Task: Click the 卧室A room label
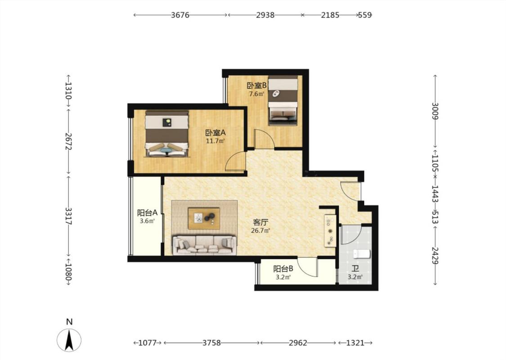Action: click(215, 133)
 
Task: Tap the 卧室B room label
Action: click(256, 85)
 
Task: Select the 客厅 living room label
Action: click(261, 222)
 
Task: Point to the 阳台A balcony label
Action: click(147, 213)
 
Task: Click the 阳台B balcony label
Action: click(283, 269)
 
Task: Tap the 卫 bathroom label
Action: click(355, 269)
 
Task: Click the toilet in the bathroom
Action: click(361, 254)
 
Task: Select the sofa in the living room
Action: click(204, 245)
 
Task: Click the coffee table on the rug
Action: click(204, 218)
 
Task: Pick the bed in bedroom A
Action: click(166, 134)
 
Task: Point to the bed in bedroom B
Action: click(283, 100)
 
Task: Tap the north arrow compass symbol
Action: click(69, 340)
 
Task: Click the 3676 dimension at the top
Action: click(180, 15)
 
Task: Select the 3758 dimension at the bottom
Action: click(212, 342)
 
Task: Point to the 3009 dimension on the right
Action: click(435, 111)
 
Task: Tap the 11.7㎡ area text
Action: click(215, 141)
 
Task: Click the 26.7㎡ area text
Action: click(260, 230)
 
